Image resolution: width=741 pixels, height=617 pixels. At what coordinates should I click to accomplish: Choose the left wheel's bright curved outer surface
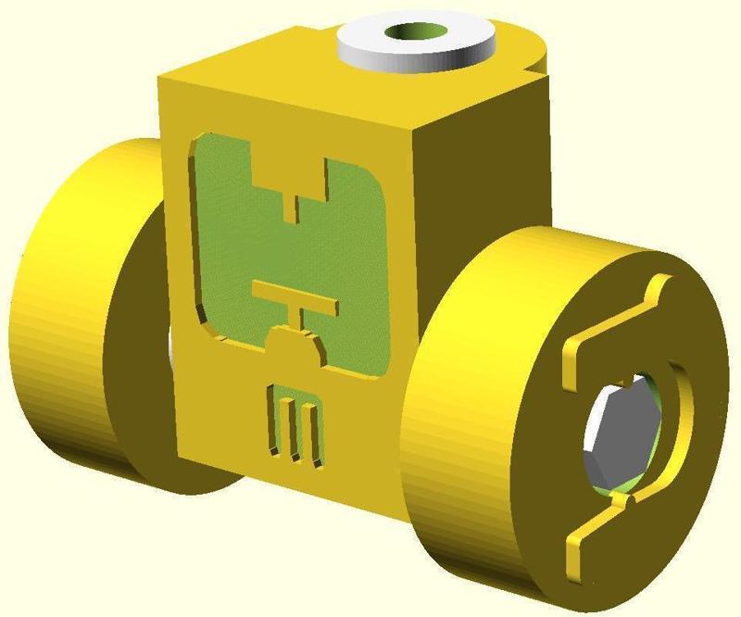point(56,315)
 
